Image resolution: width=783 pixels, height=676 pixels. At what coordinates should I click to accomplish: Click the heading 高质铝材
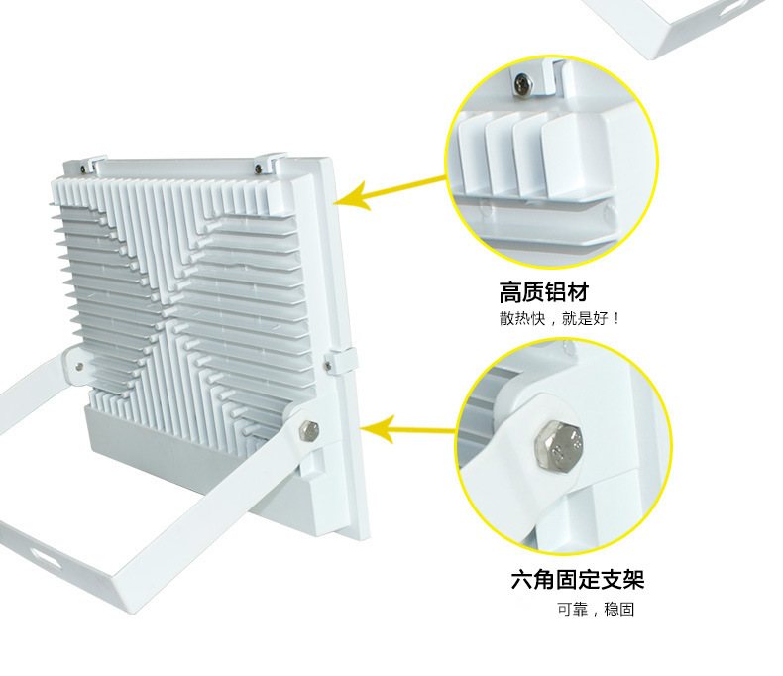tap(544, 292)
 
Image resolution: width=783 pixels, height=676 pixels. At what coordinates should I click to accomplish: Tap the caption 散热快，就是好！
tap(560, 318)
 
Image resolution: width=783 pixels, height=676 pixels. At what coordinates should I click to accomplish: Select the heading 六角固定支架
tap(578, 579)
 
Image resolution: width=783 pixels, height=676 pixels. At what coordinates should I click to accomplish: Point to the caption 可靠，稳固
tap(596, 610)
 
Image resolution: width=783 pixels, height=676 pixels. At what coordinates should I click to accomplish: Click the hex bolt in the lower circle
tap(559, 447)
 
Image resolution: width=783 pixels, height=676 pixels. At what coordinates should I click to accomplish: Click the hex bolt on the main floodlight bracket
tap(309, 430)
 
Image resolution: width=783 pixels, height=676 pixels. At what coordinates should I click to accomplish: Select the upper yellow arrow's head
tap(351, 196)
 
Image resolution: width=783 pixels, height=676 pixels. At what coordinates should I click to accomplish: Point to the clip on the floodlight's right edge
tap(341, 361)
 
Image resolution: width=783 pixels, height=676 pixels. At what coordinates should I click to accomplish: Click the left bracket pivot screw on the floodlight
tap(79, 367)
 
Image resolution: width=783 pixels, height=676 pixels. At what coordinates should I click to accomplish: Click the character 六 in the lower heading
tap(522, 580)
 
